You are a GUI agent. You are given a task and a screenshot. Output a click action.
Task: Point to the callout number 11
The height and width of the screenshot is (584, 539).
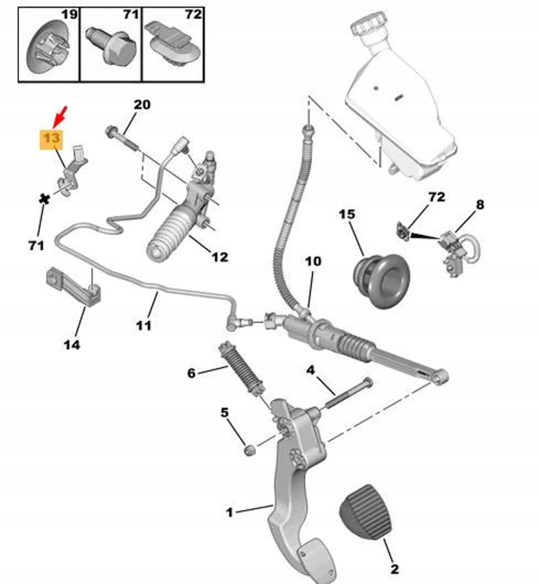[144, 325]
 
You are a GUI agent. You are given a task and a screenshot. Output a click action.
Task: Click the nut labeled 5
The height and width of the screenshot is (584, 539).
[249, 451]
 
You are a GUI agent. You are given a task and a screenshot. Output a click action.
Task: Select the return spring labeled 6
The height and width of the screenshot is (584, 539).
[242, 369]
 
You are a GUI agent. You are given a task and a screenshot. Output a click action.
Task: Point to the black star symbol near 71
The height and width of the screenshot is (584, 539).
[42, 200]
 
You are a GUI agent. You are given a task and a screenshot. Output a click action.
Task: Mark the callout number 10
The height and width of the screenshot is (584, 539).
[313, 262]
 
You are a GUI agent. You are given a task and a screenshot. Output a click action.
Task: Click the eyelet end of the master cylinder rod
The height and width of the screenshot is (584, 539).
[439, 376]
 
